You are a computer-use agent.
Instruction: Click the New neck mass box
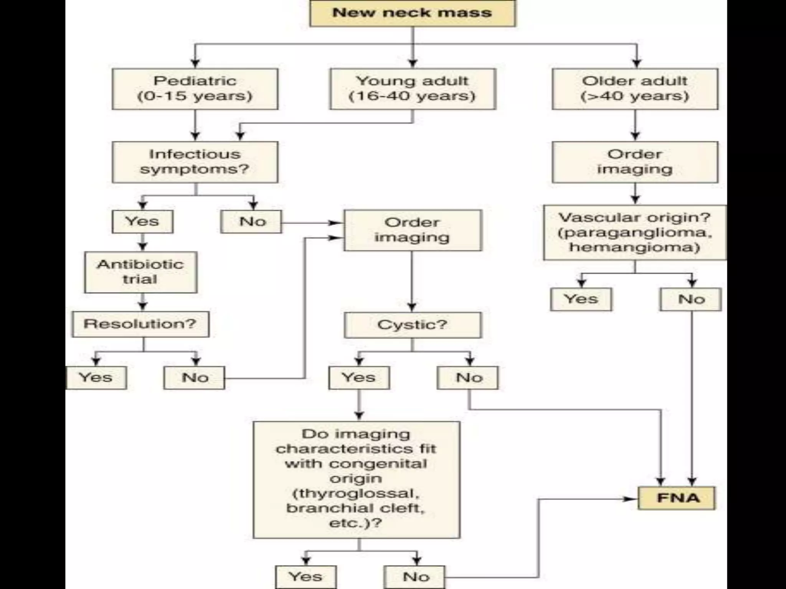point(413,13)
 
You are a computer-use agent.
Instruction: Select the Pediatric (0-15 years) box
point(195,89)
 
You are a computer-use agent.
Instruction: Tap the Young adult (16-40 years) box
point(413,89)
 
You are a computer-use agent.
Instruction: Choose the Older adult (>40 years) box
point(635,89)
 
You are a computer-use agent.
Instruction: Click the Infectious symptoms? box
point(195,162)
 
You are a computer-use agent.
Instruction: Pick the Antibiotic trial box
point(141,272)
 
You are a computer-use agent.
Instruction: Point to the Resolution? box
point(140,324)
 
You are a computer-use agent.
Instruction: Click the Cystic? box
point(413,325)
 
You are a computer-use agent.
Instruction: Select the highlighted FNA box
point(677,498)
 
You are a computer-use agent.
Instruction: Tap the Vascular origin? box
point(635,232)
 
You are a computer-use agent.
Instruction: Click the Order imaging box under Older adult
point(635,162)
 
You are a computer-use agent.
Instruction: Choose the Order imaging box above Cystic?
point(413,230)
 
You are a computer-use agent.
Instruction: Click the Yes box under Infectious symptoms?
point(142,221)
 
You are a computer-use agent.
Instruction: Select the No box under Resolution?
point(195,378)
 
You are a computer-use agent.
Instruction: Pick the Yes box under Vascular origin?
point(581,299)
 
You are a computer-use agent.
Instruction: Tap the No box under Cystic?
point(468,378)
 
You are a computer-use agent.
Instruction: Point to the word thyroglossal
point(356,494)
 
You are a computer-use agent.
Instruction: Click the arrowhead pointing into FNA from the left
point(630,499)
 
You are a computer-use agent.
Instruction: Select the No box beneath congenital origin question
point(415,577)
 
